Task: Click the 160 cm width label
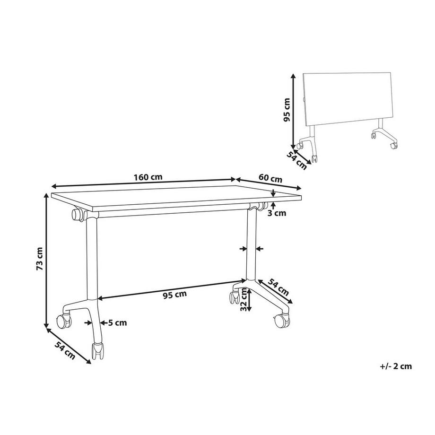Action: (148, 177)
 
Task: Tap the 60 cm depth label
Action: (270, 179)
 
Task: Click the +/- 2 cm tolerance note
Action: (396, 365)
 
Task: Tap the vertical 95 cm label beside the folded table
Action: (286, 110)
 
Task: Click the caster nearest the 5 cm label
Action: (98, 351)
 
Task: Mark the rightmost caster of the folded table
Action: (392, 146)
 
